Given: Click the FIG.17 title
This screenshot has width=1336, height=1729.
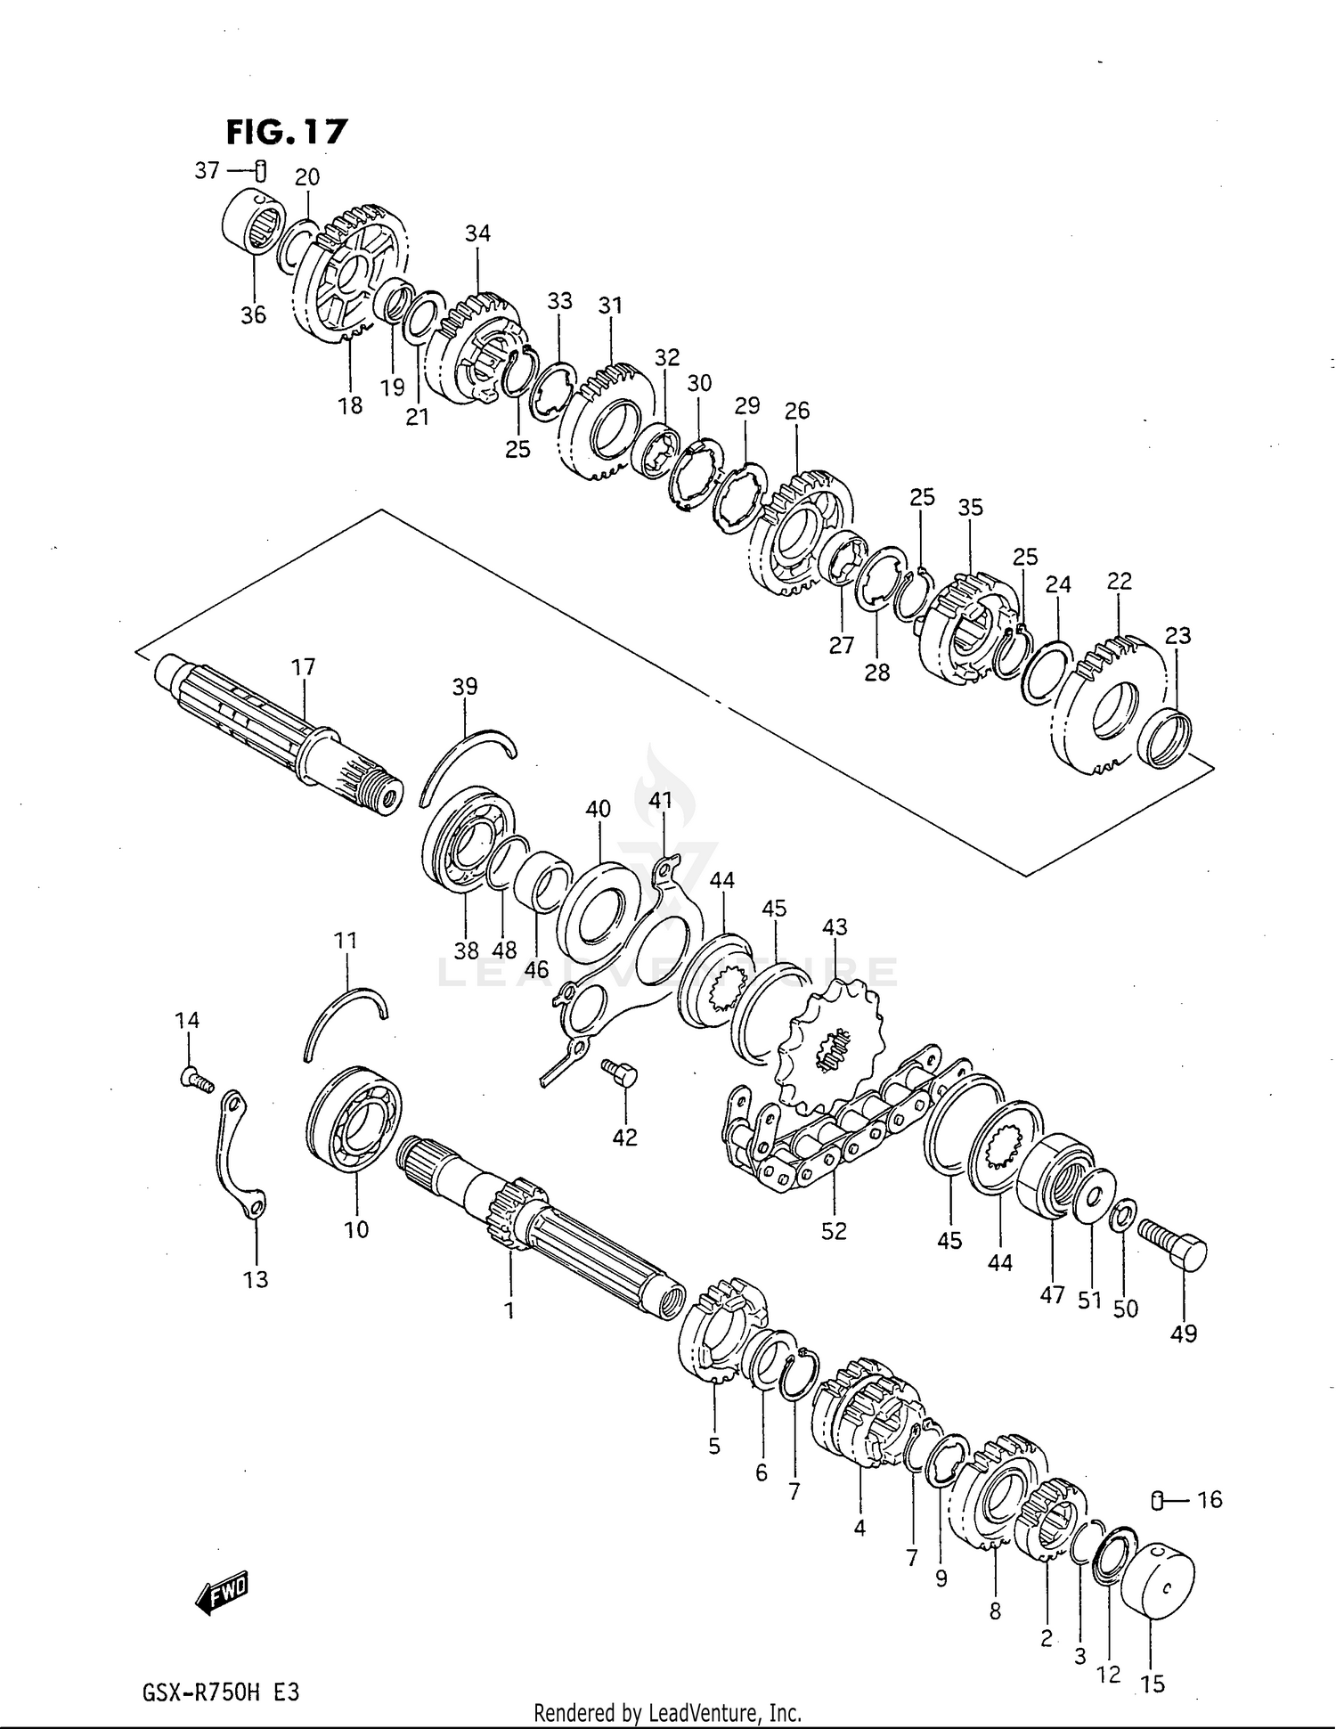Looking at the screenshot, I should coord(286,132).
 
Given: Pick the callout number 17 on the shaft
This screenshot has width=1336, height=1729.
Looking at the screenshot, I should coord(303,666).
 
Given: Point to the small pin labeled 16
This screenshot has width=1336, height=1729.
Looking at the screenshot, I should coord(1159,1501).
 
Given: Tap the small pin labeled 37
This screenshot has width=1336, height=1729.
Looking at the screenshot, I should coord(260,169).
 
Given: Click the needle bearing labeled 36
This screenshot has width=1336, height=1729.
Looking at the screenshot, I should coord(252,223).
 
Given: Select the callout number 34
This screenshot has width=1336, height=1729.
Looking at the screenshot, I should coord(477,233).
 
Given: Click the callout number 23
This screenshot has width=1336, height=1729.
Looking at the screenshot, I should coord(1177,635).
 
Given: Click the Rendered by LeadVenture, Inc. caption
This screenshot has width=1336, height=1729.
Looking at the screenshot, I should coord(667,1712).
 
